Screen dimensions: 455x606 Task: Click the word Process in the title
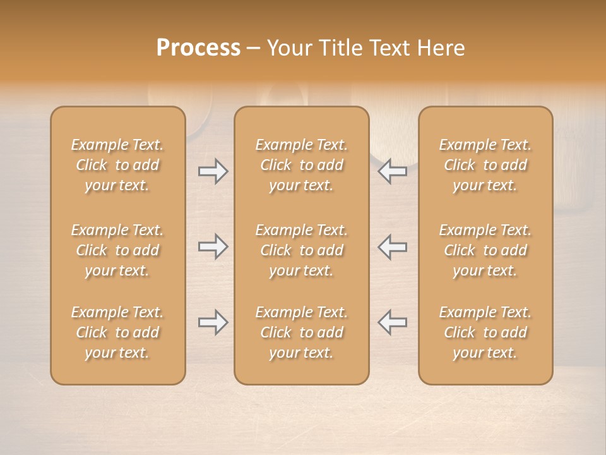tap(198, 48)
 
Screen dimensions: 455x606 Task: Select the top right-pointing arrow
tap(213, 171)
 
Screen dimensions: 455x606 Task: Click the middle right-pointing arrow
tap(213, 246)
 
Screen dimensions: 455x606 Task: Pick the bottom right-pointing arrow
tap(213, 322)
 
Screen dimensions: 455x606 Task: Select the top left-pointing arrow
tap(393, 171)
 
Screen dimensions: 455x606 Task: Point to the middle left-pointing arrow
tap(393, 246)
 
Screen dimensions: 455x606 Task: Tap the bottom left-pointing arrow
tap(393, 322)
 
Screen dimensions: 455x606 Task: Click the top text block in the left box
tap(117, 165)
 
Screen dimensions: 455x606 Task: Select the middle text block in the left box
tap(117, 250)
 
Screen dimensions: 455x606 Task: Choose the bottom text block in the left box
tap(117, 332)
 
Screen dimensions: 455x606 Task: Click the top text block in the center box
tap(301, 165)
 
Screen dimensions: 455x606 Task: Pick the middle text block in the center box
tap(301, 250)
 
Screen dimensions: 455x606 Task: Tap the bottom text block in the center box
tap(301, 332)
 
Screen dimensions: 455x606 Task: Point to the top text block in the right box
tap(485, 165)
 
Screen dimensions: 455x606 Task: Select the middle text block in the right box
tap(485, 250)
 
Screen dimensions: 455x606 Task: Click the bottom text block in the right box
tap(485, 332)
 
